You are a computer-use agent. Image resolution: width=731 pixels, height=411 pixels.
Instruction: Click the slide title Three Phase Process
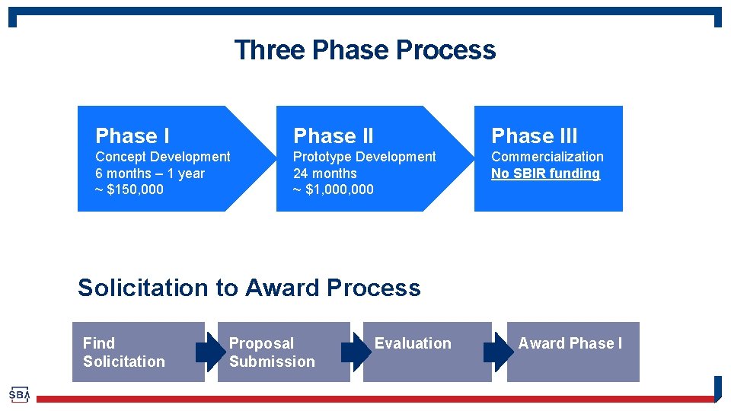tap(365, 50)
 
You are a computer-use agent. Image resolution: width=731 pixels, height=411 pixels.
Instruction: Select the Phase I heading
tap(132, 136)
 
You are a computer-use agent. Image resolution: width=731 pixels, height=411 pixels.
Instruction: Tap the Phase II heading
tap(333, 136)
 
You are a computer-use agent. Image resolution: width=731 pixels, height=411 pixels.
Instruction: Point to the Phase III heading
tap(534, 136)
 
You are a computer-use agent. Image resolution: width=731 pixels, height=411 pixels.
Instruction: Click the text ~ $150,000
tap(129, 190)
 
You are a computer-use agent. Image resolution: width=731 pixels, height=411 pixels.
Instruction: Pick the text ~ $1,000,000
tap(333, 190)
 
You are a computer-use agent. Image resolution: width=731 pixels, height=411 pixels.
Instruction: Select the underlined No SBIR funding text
tap(545, 174)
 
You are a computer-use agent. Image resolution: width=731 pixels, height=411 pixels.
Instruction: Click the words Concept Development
tap(162, 157)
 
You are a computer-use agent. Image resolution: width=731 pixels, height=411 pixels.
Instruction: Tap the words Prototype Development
tap(364, 157)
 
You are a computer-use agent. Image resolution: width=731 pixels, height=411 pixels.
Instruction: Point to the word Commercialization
tap(547, 157)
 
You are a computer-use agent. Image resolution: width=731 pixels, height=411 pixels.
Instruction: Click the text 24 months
tap(324, 174)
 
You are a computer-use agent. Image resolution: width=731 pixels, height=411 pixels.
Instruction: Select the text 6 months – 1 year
tap(149, 174)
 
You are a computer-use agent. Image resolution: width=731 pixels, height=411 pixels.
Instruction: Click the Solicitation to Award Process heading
tap(249, 288)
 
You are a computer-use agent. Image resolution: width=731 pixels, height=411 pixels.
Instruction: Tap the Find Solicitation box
tap(138, 352)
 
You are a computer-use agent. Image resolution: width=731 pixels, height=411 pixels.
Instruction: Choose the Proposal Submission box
tap(283, 352)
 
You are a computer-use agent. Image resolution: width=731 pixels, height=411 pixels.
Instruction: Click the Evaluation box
tap(426, 352)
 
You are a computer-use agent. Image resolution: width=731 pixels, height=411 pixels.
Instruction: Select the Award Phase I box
tap(573, 352)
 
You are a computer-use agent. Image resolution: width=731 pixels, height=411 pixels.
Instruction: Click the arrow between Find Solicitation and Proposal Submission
tap(210, 352)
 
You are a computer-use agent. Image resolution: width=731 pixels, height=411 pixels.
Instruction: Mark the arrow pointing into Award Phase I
tap(499, 352)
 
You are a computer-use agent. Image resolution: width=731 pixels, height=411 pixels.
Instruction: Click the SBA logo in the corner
tap(19, 395)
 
